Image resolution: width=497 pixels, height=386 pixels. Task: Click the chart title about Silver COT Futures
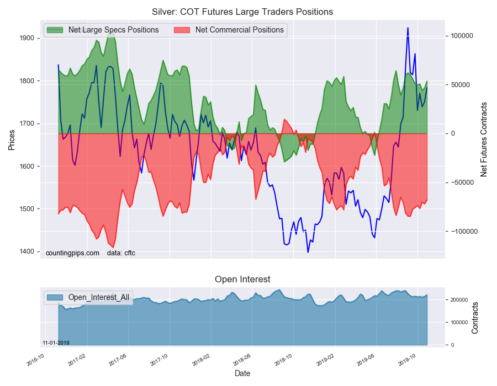point(242,12)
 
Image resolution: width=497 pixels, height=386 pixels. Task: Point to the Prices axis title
point(11,140)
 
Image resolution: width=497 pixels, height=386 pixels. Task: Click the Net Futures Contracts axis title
point(484,139)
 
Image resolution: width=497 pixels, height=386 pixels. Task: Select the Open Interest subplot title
point(242,280)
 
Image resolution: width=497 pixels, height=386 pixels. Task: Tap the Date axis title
point(242,373)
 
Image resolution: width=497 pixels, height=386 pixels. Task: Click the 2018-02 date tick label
point(202,358)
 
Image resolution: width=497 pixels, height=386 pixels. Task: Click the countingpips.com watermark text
point(72,253)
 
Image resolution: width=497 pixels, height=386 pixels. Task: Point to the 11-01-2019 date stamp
point(56,342)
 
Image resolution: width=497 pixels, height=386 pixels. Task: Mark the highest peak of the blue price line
point(408,28)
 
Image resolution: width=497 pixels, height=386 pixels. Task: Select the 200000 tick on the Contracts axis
point(459,300)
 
